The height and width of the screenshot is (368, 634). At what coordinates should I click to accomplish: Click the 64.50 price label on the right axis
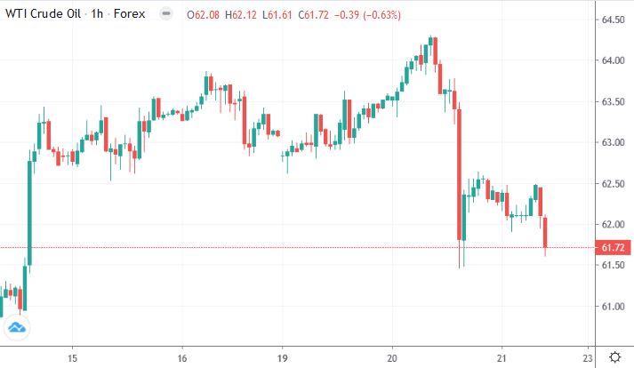tap(610, 20)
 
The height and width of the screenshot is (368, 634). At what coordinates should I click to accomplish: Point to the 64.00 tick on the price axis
tap(610, 60)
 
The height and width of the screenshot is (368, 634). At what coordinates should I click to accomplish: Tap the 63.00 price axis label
tap(610, 142)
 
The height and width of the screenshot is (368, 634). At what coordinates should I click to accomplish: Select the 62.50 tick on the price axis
tap(610, 184)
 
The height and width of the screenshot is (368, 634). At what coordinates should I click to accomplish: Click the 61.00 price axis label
tap(610, 307)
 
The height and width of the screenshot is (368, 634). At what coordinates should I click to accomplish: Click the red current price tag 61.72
tap(610, 248)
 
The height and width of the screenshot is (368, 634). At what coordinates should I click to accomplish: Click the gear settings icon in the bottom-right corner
tap(615, 356)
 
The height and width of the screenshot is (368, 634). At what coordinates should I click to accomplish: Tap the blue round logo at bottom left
tap(15, 330)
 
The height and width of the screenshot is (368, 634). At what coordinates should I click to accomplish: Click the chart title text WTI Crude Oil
tap(41, 14)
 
